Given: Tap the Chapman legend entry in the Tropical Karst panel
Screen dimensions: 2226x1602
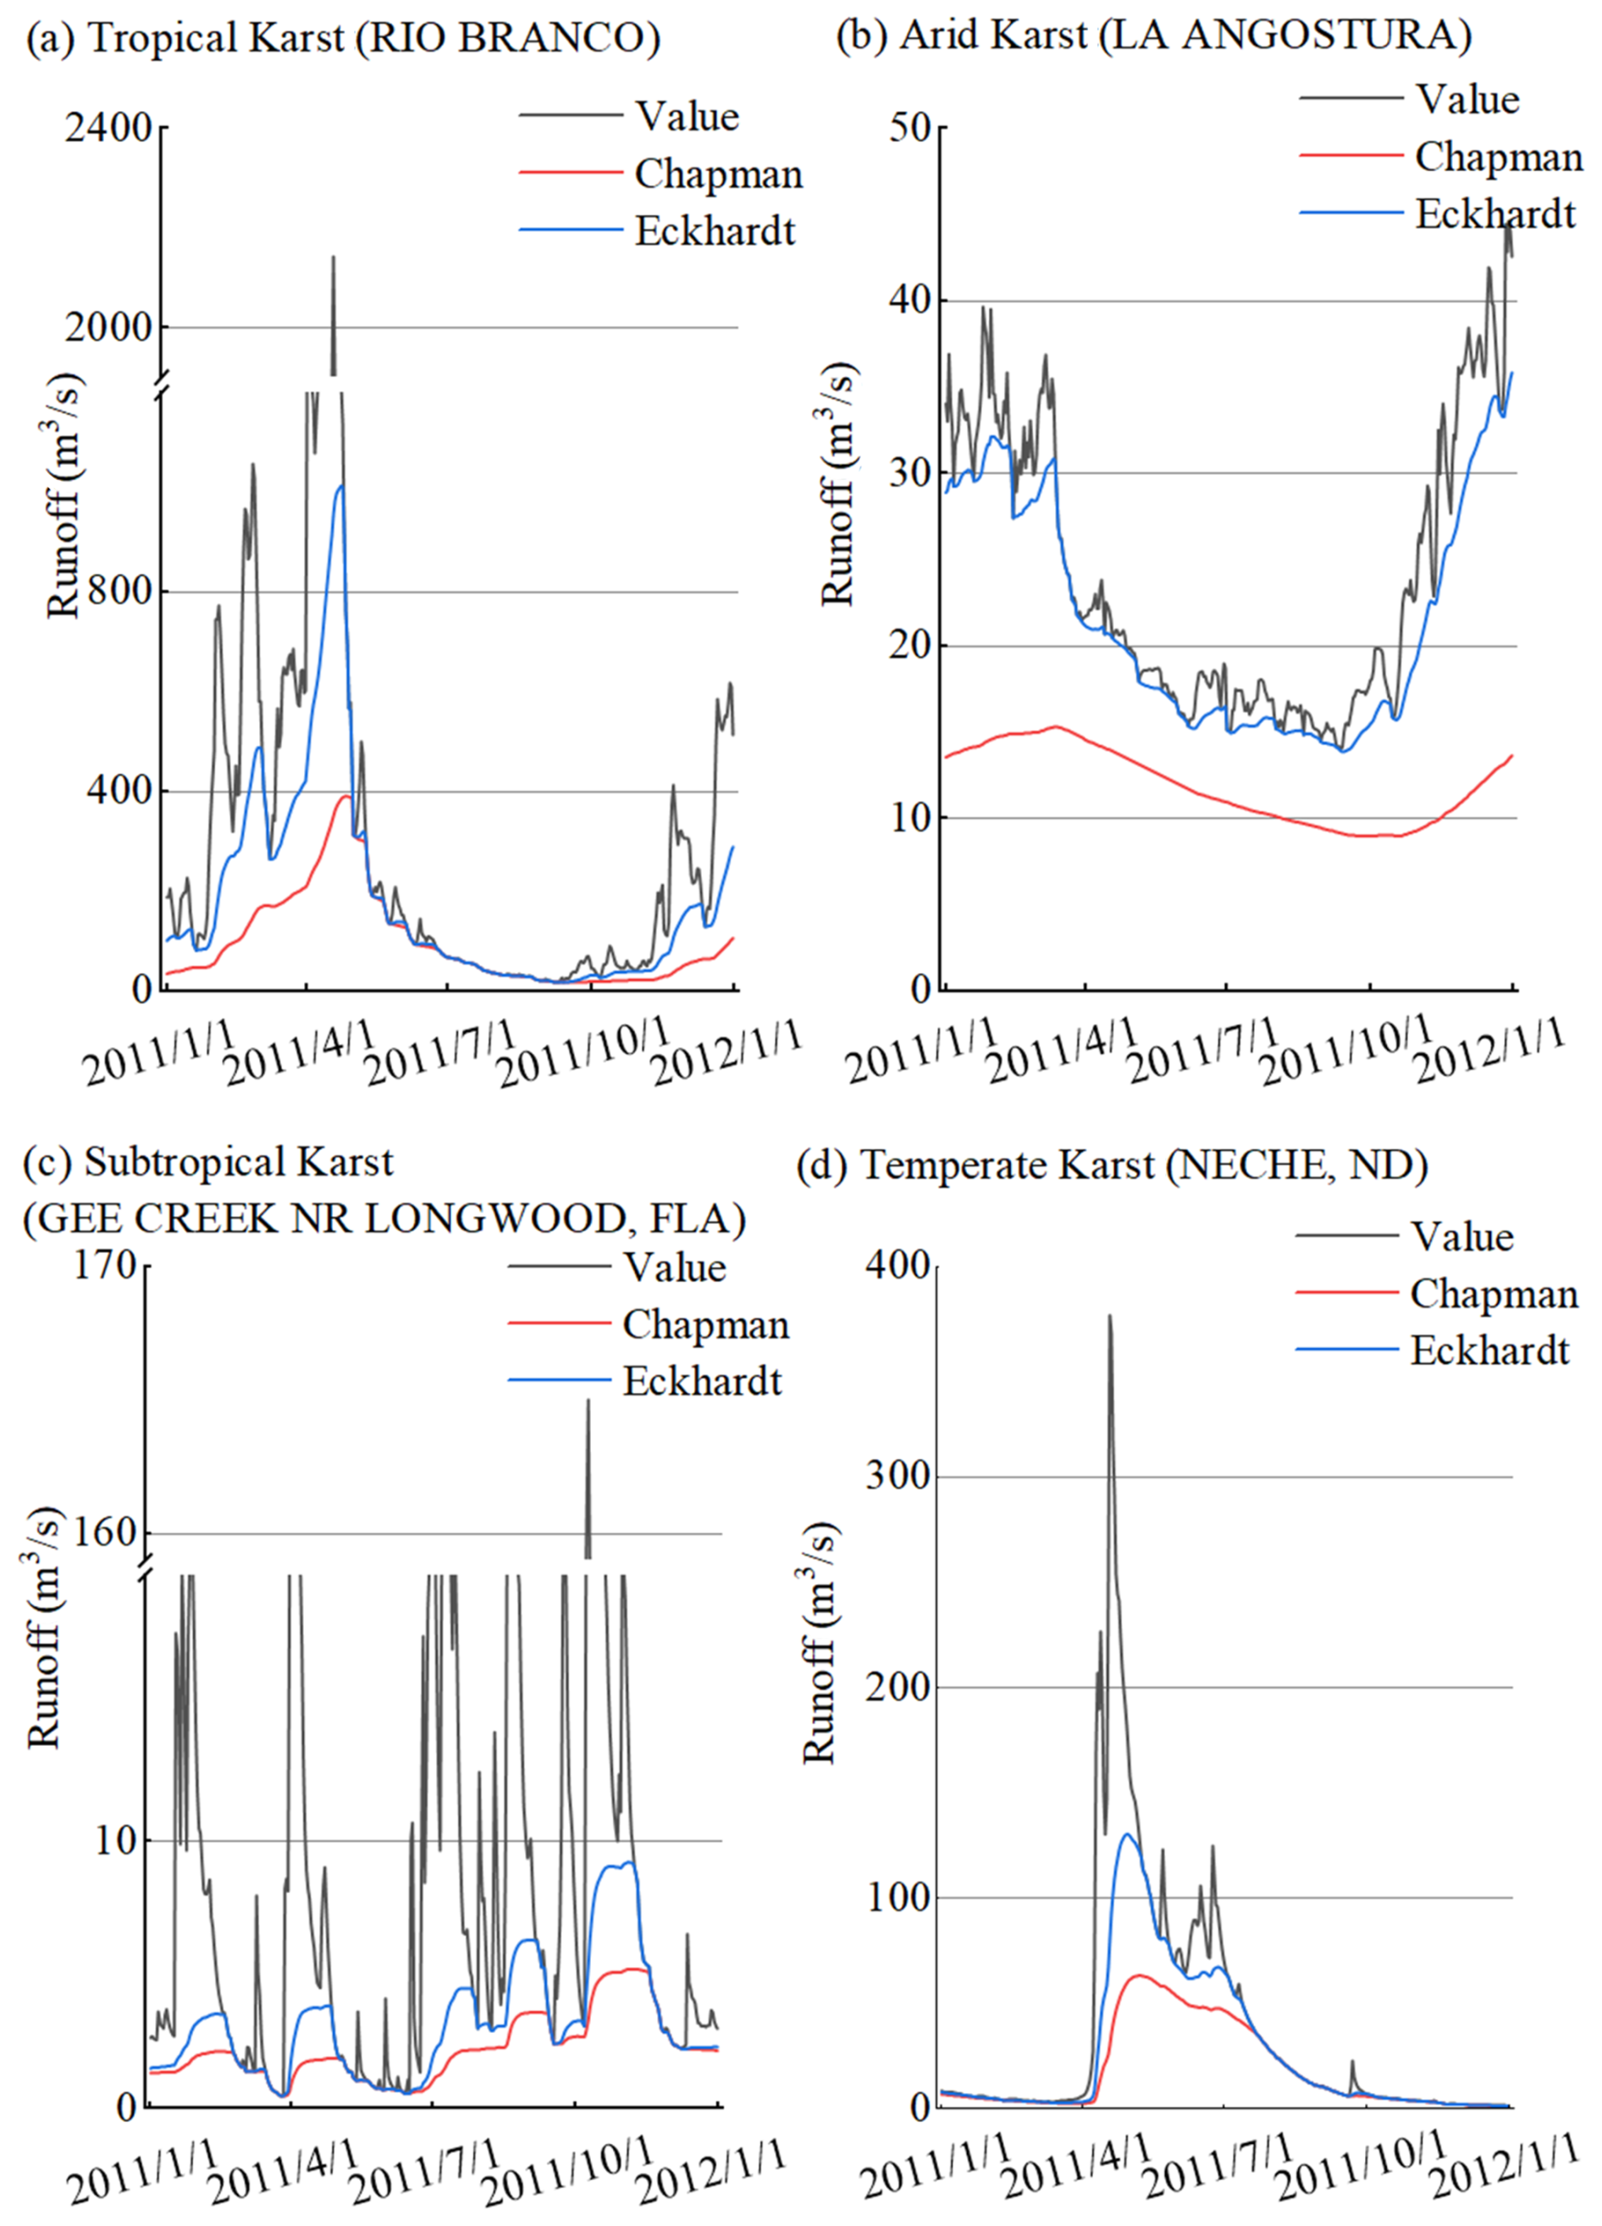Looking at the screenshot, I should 717,174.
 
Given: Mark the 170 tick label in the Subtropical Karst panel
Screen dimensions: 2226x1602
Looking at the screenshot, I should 105,1266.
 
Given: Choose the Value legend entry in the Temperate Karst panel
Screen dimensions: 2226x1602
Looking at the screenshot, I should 1461,1237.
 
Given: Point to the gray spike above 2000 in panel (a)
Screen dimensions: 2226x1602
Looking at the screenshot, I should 333,259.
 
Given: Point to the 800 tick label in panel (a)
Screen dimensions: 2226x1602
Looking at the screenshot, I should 122,592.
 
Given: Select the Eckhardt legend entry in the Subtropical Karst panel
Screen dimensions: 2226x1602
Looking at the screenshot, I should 702,1382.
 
